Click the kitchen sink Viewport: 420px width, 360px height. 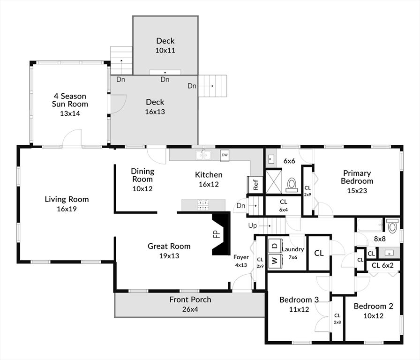203,155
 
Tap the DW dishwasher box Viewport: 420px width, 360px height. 225,156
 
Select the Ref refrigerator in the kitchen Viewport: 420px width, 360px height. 255,184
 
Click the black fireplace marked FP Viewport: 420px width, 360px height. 221,233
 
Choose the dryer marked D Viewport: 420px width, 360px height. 275,246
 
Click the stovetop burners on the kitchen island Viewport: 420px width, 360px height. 203,204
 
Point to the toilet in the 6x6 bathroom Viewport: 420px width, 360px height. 292,185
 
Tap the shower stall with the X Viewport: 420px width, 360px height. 273,181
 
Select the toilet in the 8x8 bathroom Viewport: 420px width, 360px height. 393,225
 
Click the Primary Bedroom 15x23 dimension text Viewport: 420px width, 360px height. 357,191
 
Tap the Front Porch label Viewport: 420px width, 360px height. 190,300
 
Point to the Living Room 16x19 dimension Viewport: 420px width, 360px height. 67,209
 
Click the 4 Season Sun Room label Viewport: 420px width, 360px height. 70,100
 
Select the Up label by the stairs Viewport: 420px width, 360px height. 253,226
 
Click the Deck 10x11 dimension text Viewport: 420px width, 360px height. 165,50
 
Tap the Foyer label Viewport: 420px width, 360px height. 241,257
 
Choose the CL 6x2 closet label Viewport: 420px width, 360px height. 382,265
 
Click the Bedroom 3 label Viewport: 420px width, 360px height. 299,300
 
